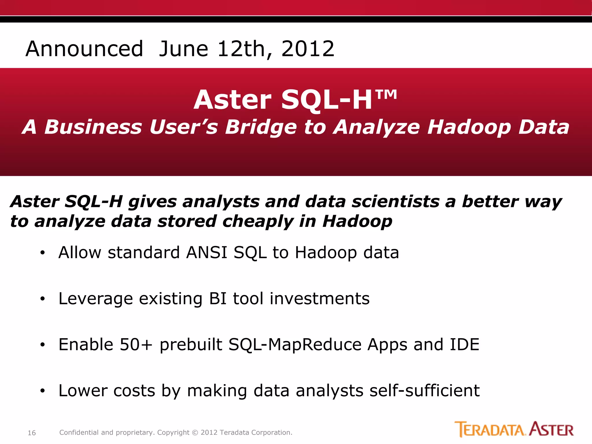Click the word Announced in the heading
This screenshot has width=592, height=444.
point(84,49)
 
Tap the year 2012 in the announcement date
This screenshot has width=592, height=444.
point(308,49)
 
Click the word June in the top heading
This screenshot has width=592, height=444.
point(184,49)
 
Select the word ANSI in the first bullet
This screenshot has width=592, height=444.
point(207,252)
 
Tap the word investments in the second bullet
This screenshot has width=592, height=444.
point(319,298)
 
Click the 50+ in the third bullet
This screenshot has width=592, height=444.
point(136,344)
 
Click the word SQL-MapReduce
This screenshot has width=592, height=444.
point(295,345)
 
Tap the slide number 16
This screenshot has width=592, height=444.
point(32,433)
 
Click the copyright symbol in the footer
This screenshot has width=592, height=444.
point(195,433)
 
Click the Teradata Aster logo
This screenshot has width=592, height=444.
point(514,430)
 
